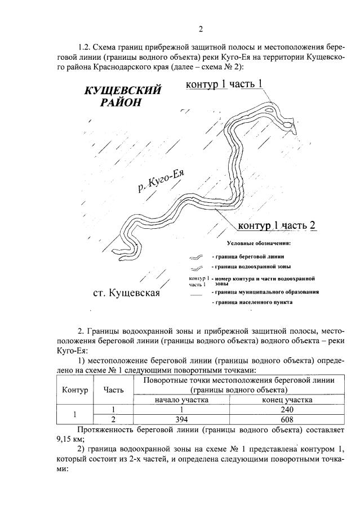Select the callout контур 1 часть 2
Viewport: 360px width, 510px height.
[x=276, y=226]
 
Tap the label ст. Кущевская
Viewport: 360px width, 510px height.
[x=126, y=293]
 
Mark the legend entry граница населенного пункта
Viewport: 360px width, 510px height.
[x=251, y=303]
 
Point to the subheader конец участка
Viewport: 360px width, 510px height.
[x=287, y=400]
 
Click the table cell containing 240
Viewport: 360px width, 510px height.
[x=287, y=410]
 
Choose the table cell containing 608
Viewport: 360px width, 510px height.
[x=287, y=419]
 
